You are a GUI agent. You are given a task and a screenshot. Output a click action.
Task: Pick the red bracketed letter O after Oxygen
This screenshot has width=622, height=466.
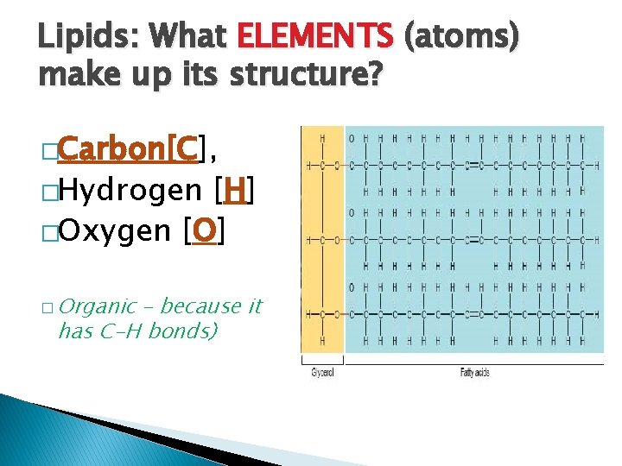[204, 230]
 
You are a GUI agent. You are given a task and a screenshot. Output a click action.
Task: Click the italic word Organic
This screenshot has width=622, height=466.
[99, 306]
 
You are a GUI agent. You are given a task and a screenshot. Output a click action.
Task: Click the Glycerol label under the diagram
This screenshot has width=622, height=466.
[321, 373]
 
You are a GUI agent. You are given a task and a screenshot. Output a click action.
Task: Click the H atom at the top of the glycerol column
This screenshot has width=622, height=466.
[322, 138]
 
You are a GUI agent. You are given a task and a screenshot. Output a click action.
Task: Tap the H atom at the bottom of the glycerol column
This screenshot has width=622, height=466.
[322, 342]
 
